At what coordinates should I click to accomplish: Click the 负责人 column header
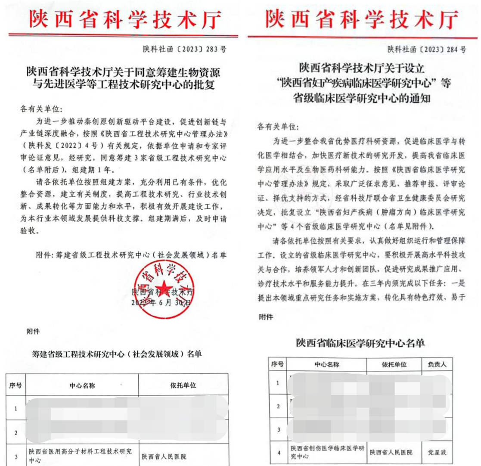pos(434,364)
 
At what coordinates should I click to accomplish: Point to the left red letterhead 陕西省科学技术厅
pos(125,18)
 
